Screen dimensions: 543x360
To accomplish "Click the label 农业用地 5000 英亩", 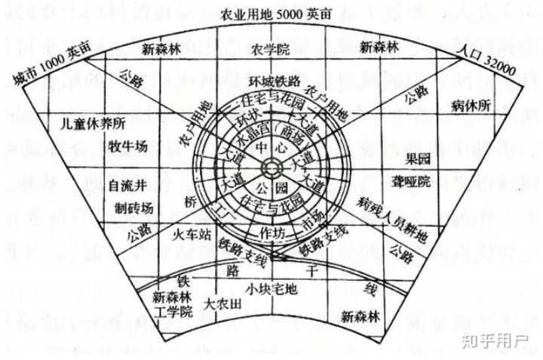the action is (x=271, y=16).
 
